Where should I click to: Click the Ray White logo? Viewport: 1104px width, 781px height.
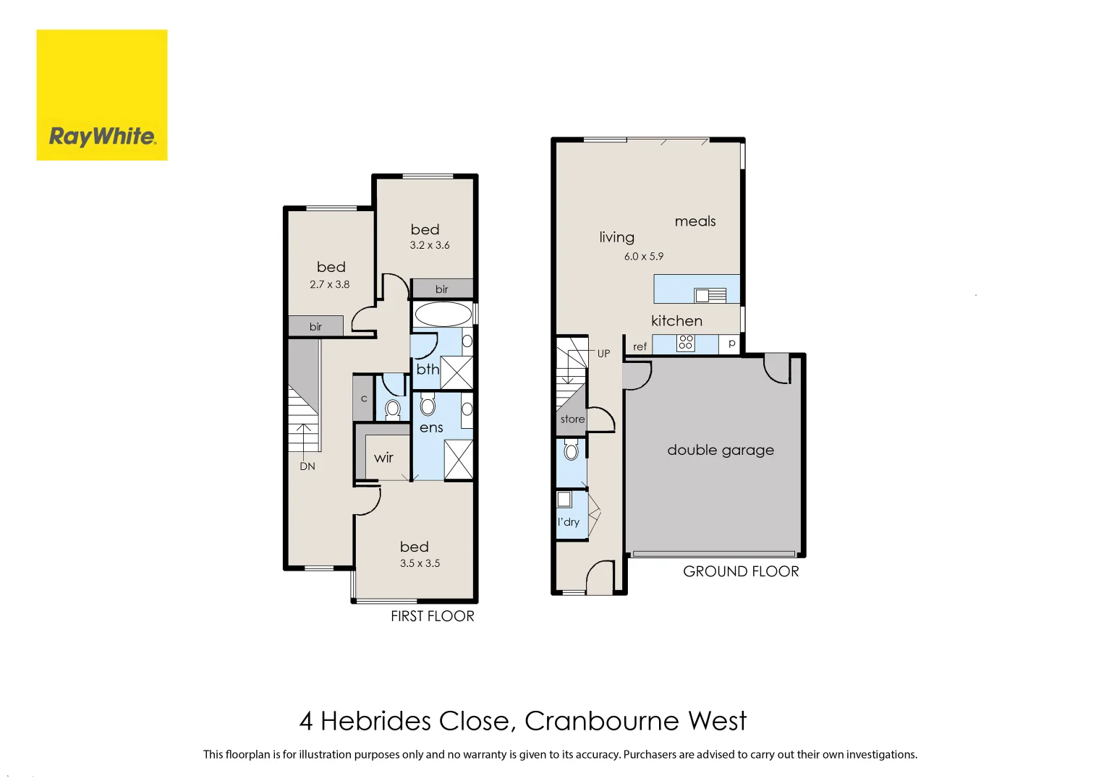coord(102,95)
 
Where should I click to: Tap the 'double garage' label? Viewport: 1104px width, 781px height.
coord(720,450)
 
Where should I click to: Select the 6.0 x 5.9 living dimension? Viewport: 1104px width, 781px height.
coord(643,257)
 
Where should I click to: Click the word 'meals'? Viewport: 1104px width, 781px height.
coord(695,221)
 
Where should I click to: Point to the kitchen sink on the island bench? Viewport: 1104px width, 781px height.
coord(710,294)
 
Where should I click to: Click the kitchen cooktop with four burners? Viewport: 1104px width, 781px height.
coord(685,343)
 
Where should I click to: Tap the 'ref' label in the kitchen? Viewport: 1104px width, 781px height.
coord(640,347)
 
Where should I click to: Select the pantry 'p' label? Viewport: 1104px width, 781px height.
coord(731,343)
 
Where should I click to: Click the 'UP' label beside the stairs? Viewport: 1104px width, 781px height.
coord(603,354)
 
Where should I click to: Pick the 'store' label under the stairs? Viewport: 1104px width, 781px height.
coord(572,419)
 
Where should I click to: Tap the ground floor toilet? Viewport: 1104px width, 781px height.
coord(571,451)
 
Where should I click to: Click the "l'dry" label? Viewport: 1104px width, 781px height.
coord(569,522)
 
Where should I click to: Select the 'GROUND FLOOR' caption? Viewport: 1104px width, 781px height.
coord(741,571)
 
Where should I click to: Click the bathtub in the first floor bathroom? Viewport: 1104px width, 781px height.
coord(443,315)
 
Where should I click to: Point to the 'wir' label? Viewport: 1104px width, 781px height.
coord(383,458)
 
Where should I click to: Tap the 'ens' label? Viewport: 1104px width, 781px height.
coord(431,428)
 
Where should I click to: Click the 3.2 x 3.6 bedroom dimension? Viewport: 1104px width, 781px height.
coord(430,245)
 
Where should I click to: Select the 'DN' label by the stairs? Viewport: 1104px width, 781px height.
coord(307,466)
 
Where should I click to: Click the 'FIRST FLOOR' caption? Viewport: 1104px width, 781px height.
coord(433,616)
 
